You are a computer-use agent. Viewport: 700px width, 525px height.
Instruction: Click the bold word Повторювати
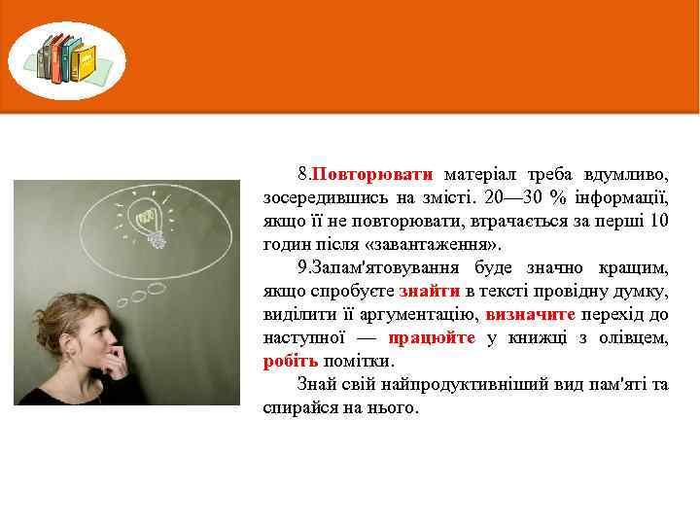click(x=371, y=175)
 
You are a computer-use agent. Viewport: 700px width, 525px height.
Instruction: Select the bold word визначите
click(x=530, y=315)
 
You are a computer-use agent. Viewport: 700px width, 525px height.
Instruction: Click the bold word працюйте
click(x=432, y=338)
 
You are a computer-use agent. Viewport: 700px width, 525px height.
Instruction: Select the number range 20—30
click(x=509, y=198)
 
